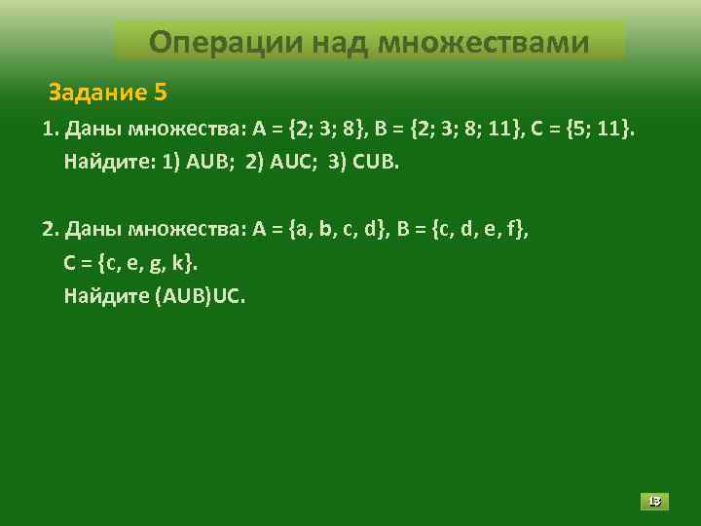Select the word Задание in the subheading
click(97, 94)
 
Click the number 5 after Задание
click(161, 94)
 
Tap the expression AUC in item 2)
click(289, 161)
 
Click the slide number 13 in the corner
click(654, 502)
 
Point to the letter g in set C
click(158, 263)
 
